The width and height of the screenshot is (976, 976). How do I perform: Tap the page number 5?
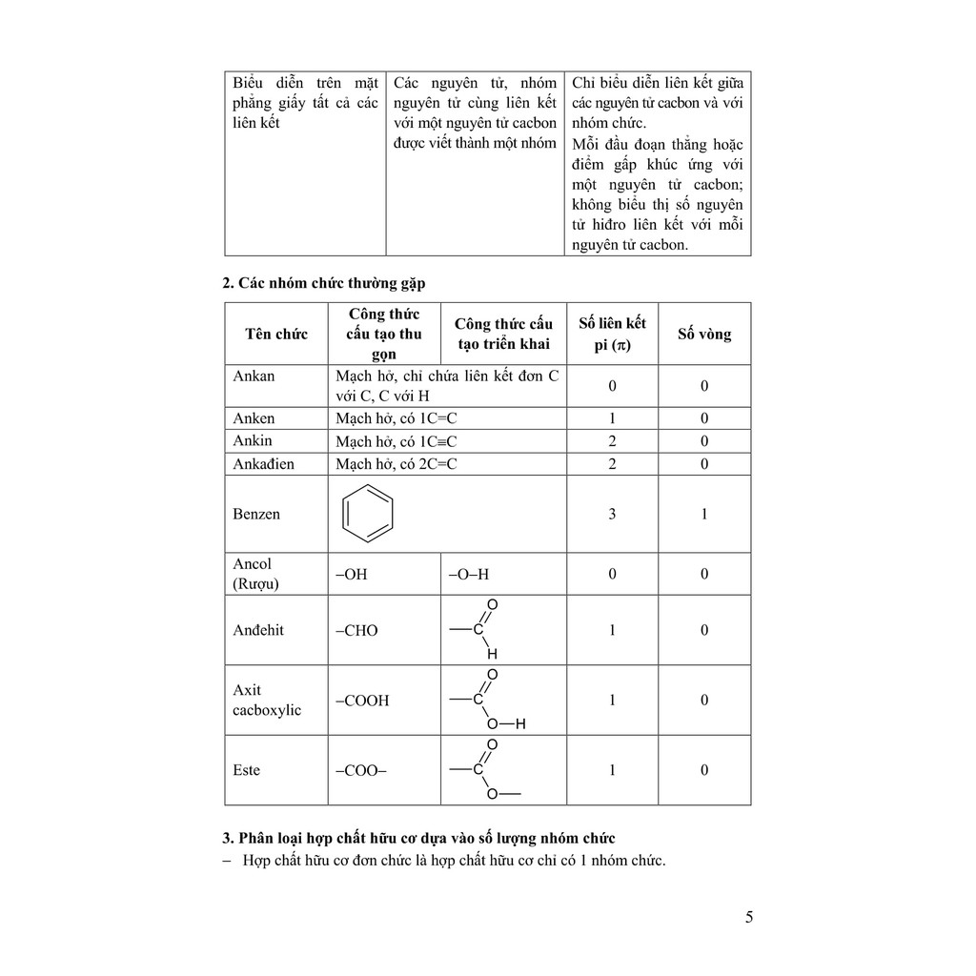tap(749, 918)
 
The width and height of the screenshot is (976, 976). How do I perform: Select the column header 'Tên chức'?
tap(275, 334)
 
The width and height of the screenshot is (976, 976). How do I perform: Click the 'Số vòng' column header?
tap(704, 334)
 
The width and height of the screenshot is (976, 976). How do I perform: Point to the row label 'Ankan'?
tap(254, 376)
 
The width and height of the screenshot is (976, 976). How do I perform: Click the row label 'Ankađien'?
tap(263, 464)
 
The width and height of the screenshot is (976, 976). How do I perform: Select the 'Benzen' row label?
tap(256, 514)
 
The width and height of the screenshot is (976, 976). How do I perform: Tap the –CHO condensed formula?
tap(356, 630)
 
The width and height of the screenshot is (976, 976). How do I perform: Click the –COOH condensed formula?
tap(362, 701)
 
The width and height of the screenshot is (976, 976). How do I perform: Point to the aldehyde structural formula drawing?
tap(477, 630)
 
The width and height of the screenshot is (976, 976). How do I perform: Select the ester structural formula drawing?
tap(484, 770)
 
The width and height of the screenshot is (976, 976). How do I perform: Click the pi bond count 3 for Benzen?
tap(612, 514)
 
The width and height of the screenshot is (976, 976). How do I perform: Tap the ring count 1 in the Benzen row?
tap(704, 514)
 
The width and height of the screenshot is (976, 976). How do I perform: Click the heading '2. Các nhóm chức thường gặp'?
tap(324, 283)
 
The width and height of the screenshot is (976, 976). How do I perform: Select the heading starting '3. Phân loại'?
tap(418, 838)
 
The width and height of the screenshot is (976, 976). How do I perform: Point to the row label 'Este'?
tap(246, 770)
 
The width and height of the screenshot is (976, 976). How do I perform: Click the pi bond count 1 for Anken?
tap(612, 418)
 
